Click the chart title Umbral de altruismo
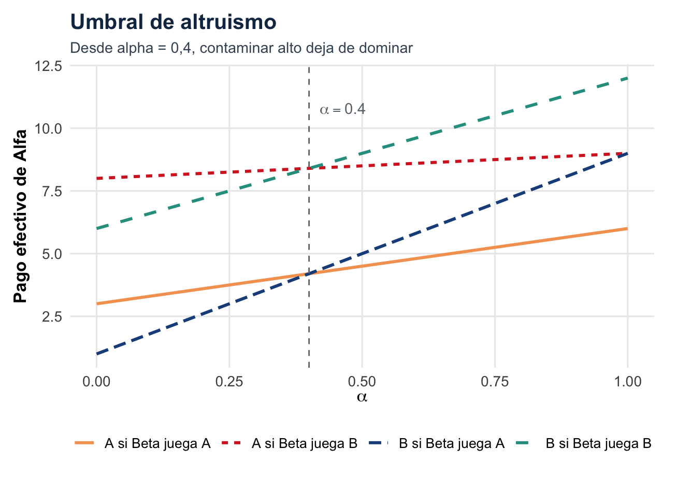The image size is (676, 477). pyautogui.click(x=173, y=22)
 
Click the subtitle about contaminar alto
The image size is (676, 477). pyautogui.click(x=241, y=48)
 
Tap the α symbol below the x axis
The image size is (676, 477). pyautogui.click(x=362, y=397)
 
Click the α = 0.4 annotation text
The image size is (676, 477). pyautogui.click(x=342, y=110)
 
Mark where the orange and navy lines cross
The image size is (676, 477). pyautogui.click(x=309, y=273)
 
